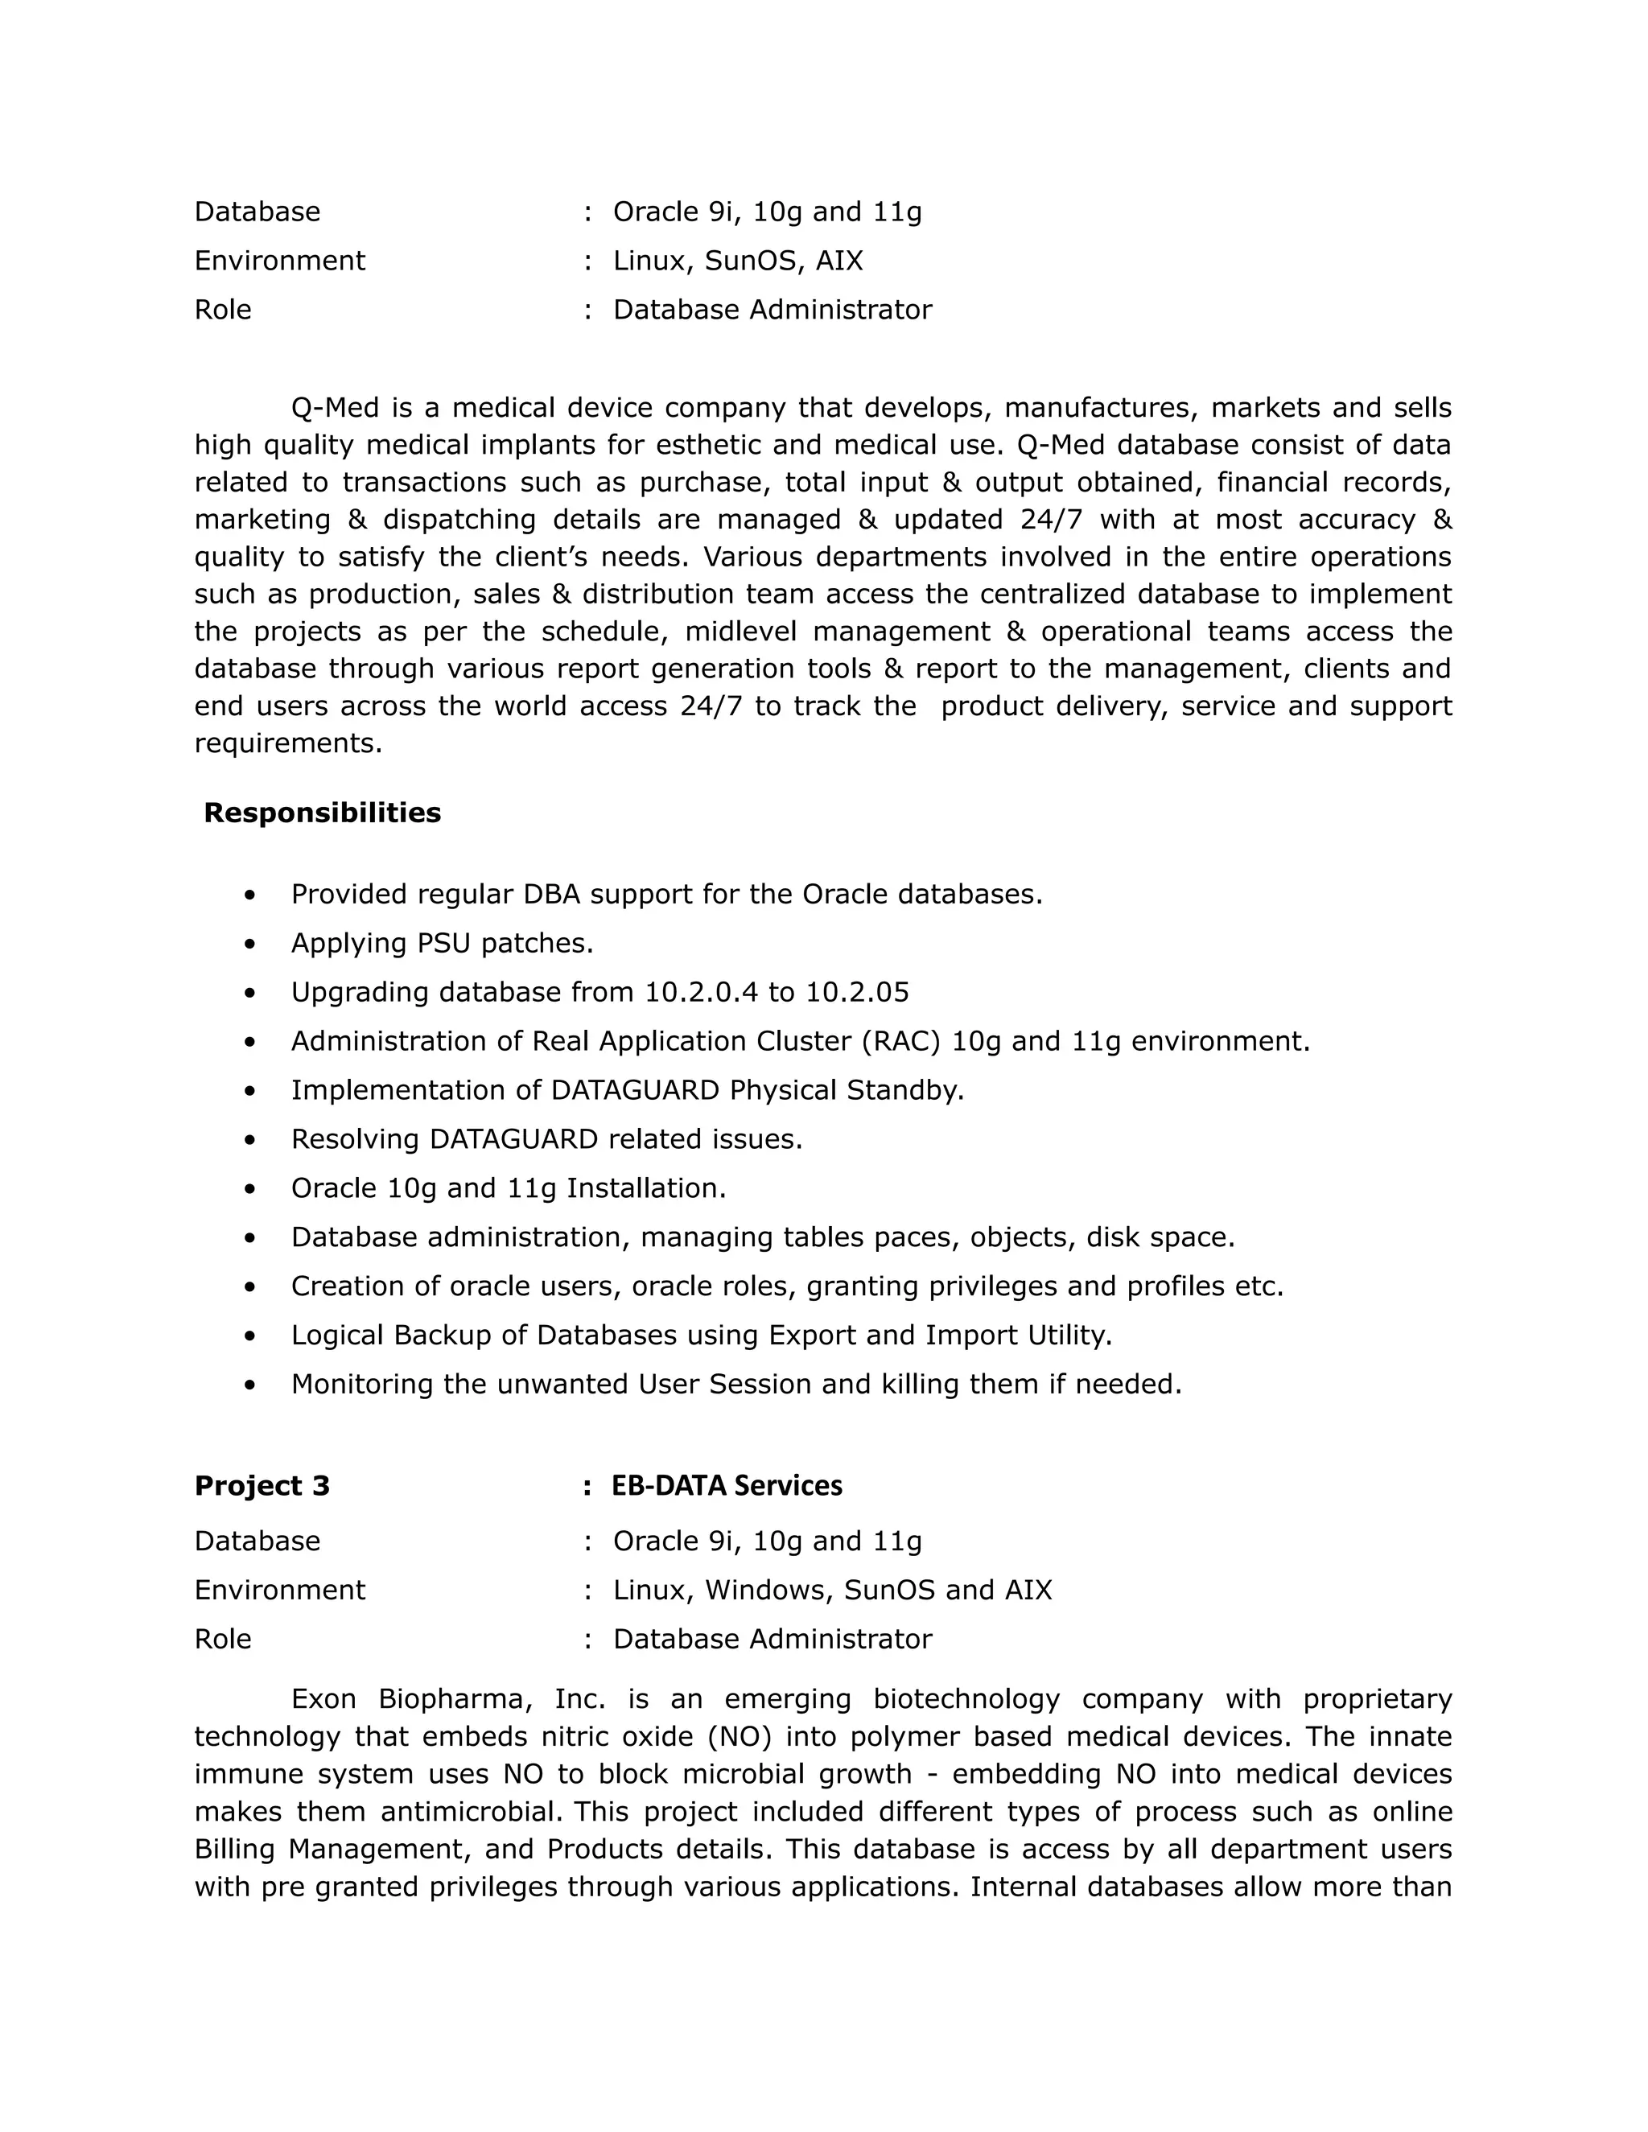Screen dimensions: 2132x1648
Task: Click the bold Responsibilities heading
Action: [322, 813]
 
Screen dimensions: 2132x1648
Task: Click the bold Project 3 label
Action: [262, 1486]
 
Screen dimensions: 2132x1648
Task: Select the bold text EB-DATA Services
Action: [727, 1486]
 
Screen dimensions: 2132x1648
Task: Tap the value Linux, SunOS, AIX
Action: [737, 261]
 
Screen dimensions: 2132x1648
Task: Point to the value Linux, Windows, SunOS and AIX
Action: [832, 1591]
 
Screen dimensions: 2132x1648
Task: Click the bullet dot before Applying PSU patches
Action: [251, 944]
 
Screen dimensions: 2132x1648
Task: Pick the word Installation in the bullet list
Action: [645, 1188]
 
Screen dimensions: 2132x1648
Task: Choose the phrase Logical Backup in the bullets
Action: [390, 1336]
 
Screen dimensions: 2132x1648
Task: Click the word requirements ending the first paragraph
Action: [287, 744]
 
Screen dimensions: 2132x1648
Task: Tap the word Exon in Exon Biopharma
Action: [324, 1699]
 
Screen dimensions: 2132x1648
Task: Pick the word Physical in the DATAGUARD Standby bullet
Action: [782, 1090]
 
